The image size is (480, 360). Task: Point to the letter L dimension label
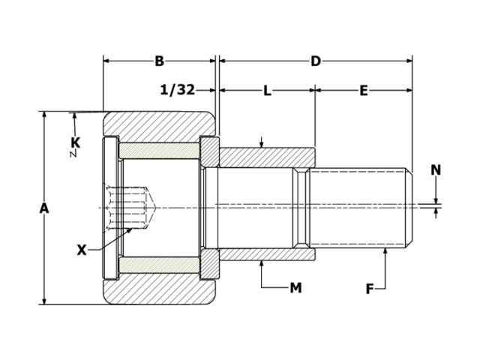coord(267,91)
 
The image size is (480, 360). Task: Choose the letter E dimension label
coord(364,91)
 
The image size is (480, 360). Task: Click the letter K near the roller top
coord(75,142)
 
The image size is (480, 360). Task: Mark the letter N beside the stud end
coord(436,170)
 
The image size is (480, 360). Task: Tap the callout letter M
coord(295,287)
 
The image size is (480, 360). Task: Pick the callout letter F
coord(370,287)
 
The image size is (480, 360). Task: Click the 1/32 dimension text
coord(178,91)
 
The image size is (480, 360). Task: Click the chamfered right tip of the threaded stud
coord(409,208)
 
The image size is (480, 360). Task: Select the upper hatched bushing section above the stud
coord(266,157)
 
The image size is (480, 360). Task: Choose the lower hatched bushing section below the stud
coord(266,254)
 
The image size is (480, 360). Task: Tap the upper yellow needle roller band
coord(159,149)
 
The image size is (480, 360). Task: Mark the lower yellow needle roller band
coord(159,265)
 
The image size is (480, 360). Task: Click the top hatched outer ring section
coord(159,123)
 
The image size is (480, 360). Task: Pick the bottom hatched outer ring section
coord(159,292)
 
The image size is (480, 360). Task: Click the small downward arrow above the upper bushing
coord(261,142)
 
